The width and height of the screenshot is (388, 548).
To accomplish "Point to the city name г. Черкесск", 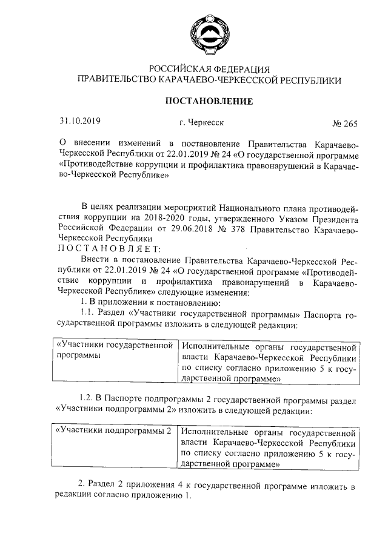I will (x=201, y=122).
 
